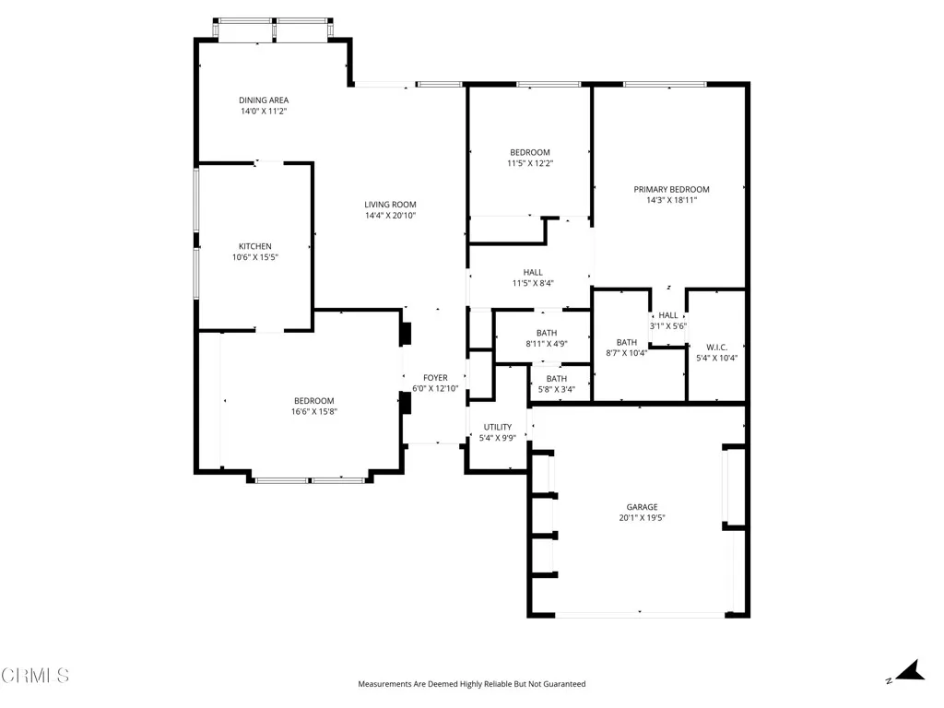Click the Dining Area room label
[x=264, y=100]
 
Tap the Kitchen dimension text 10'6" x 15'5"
[x=254, y=258]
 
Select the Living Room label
[x=390, y=205]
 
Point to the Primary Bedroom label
[x=671, y=189]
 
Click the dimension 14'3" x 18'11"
[x=671, y=200]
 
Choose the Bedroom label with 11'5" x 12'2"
[x=530, y=152]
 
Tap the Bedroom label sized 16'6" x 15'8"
[x=313, y=400]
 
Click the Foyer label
[x=435, y=378]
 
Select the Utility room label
[x=498, y=427]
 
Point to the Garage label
[x=643, y=507]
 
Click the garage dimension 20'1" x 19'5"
[x=643, y=518]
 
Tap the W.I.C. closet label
[x=717, y=347]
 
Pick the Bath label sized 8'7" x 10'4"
[x=627, y=342]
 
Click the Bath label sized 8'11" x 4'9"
[x=547, y=333]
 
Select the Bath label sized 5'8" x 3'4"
[x=557, y=378]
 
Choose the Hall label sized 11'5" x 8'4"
[x=533, y=272]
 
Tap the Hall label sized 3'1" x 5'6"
[x=668, y=315]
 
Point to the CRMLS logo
[x=35, y=676]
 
